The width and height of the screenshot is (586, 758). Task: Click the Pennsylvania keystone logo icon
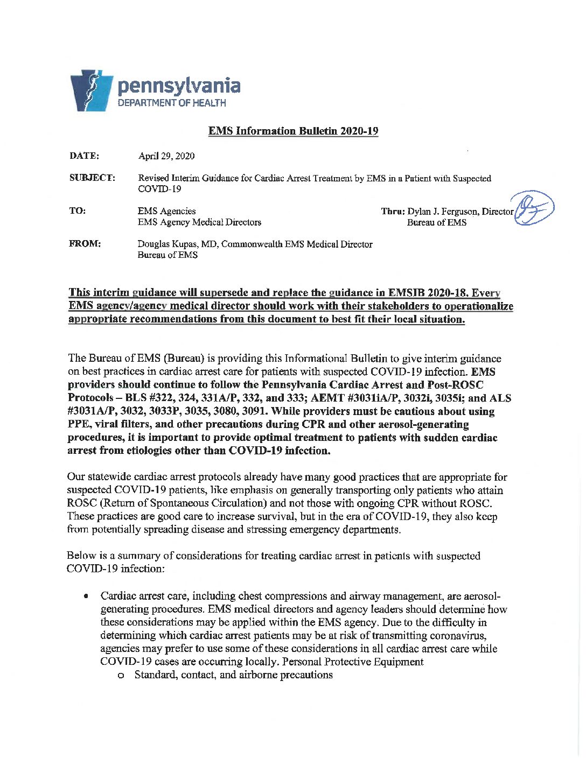[x=90, y=90]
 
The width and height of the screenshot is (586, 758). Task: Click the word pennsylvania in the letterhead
[x=179, y=86]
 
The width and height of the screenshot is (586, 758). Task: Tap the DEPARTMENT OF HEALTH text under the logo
[x=172, y=103]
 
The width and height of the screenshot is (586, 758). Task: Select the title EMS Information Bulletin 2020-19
[x=293, y=131]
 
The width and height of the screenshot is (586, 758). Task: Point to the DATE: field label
[x=84, y=156]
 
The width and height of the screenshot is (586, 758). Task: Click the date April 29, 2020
[x=166, y=156]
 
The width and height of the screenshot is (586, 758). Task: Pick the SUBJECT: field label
[x=92, y=178]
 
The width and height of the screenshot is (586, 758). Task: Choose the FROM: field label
[x=85, y=243]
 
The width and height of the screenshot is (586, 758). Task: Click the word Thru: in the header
[x=393, y=211]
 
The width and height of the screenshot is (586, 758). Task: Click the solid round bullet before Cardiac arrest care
[x=86, y=596]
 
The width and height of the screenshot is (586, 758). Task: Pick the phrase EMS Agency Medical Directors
[x=199, y=222]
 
